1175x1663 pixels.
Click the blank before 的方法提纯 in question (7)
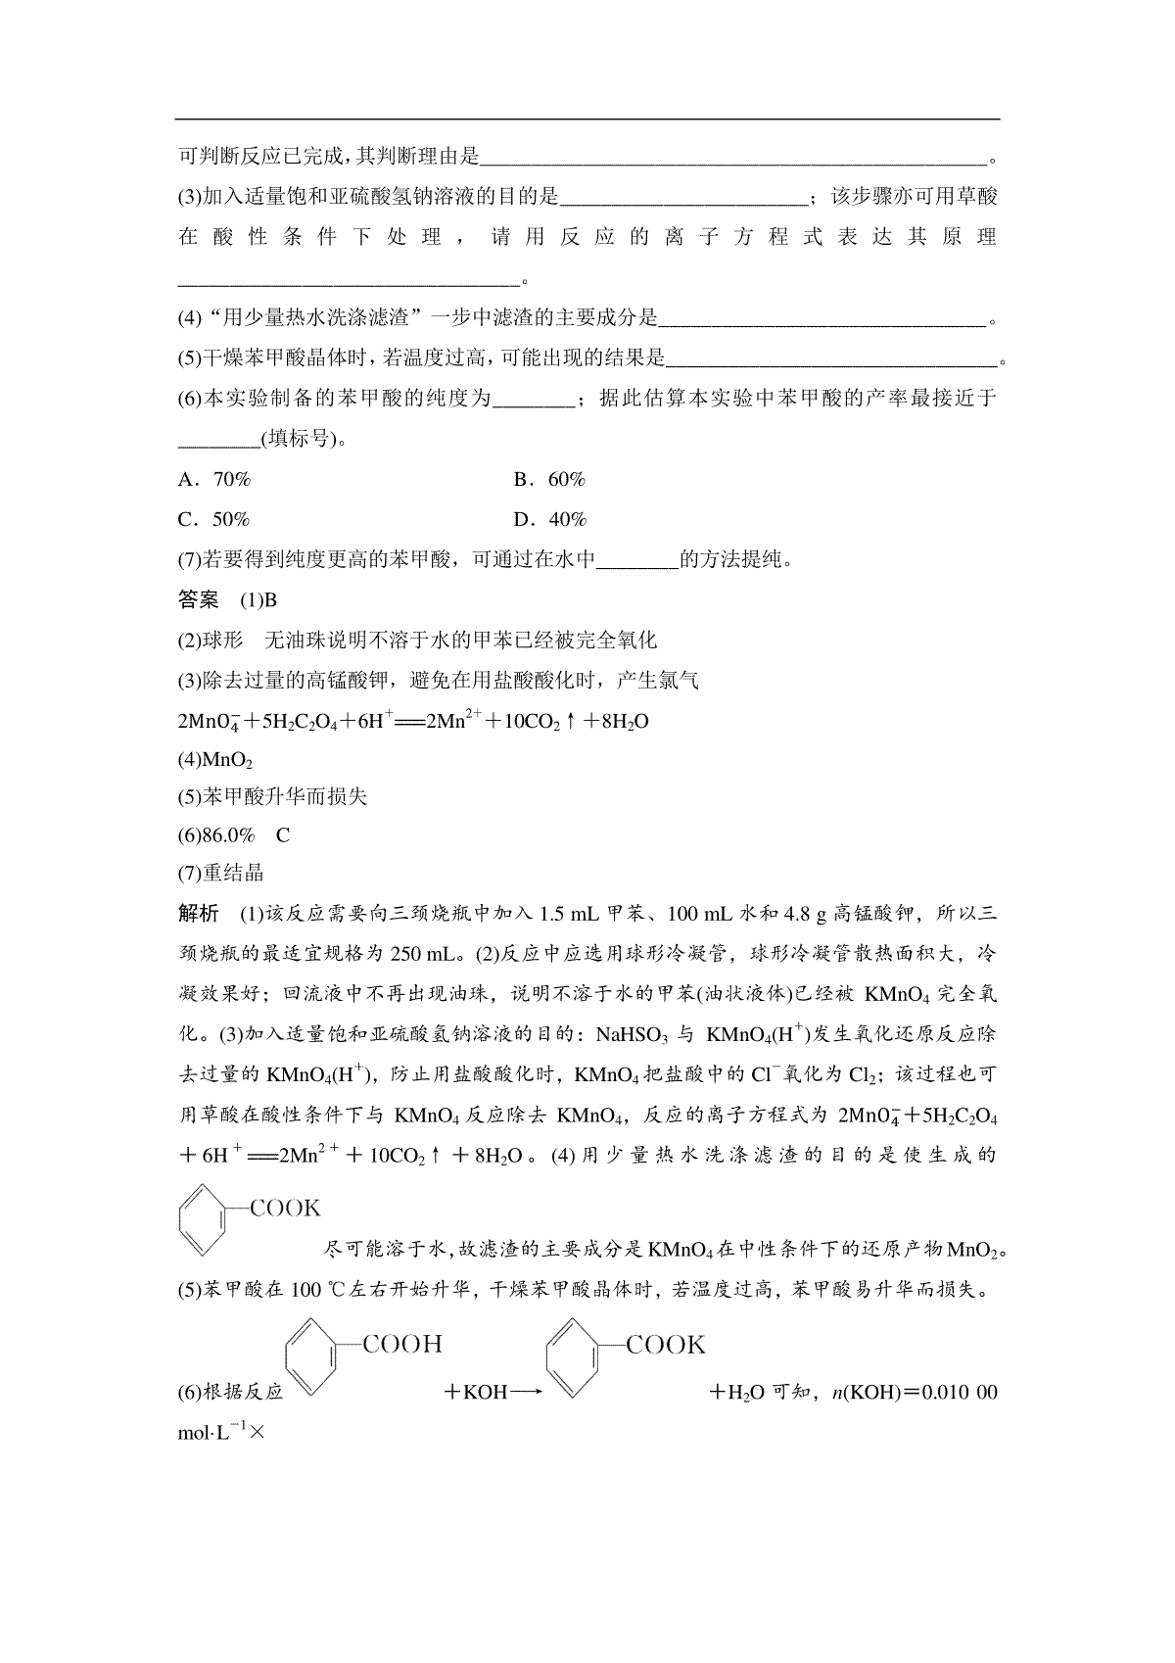click(x=636, y=560)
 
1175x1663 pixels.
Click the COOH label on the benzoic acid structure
click(x=402, y=1344)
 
